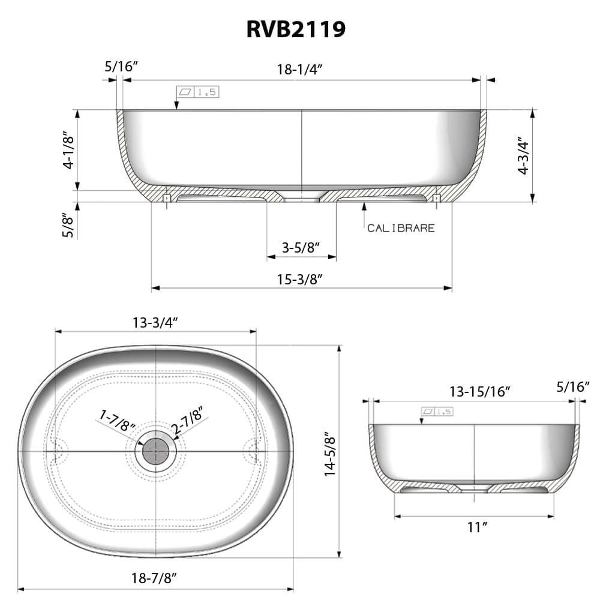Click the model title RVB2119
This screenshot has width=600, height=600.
point(296,29)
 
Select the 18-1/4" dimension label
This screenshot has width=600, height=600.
point(300,68)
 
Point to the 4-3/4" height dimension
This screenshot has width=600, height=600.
point(524,157)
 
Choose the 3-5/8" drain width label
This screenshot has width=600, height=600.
point(301,247)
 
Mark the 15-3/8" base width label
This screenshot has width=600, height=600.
point(301,278)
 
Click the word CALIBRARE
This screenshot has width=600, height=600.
point(401,228)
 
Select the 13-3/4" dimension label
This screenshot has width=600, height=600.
point(155,322)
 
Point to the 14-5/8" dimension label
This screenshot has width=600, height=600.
point(329,453)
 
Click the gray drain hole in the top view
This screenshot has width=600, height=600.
point(155,450)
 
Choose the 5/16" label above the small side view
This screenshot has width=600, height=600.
point(573,387)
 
